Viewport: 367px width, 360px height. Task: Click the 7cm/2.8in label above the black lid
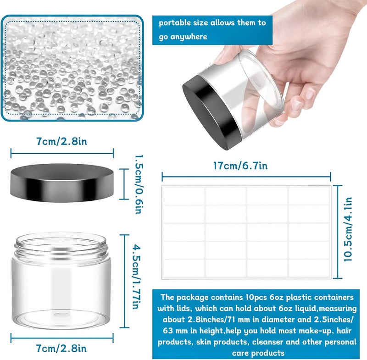(61, 141)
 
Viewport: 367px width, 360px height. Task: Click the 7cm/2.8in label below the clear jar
(61, 348)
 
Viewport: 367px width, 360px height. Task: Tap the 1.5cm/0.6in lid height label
(139, 184)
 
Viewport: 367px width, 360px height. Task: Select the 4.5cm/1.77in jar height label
(137, 277)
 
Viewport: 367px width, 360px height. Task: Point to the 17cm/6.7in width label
(240, 166)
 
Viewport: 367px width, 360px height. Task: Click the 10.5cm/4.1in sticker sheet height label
(348, 229)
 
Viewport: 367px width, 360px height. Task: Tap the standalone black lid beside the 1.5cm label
(62, 183)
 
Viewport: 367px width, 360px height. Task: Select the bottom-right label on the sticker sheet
(309, 268)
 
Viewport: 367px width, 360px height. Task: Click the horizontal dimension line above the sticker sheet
(246, 177)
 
